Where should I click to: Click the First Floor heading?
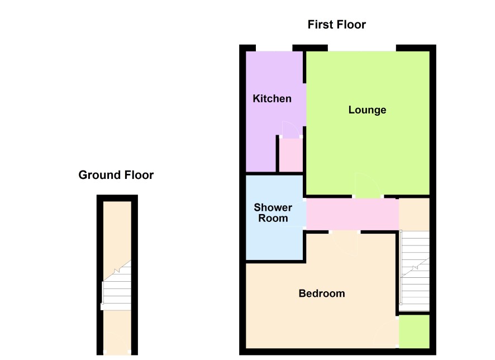pyautogui.click(x=336, y=25)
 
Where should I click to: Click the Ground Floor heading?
pyautogui.click(x=116, y=175)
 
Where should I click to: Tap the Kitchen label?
pyautogui.click(x=272, y=98)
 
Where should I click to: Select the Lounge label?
pyautogui.click(x=367, y=110)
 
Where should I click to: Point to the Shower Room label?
pyautogui.click(x=273, y=213)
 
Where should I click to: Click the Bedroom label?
pyautogui.click(x=322, y=293)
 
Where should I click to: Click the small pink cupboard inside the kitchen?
pyautogui.click(x=291, y=155)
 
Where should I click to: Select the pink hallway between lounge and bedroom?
pyautogui.click(x=353, y=214)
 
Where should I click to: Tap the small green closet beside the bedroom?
pyautogui.click(x=414, y=331)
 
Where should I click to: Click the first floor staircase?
pyautogui.click(x=415, y=271)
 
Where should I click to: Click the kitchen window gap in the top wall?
pyautogui.click(x=274, y=48)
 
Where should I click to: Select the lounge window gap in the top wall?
pyautogui.click(x=362, y=48)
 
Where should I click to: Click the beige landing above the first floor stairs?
pyautogui.click(x=414, y=215)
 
